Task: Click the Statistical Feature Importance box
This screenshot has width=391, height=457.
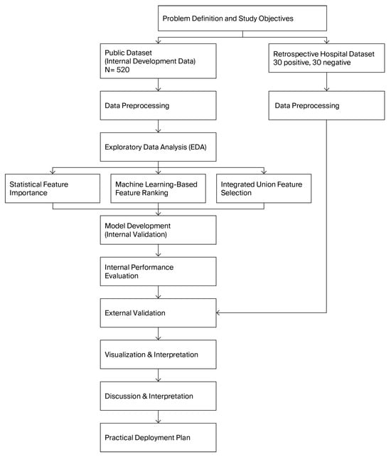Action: (x=53, y=190)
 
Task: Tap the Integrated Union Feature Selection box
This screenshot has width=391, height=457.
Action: (x=264, y=190)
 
